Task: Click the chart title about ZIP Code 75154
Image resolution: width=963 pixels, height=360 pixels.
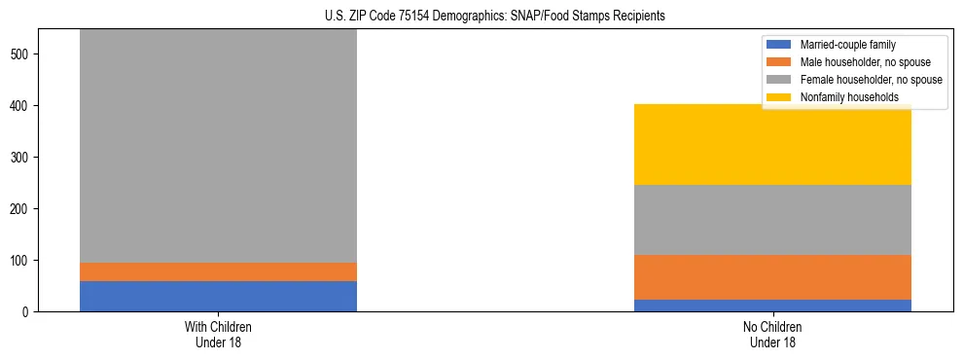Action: pos(481,17)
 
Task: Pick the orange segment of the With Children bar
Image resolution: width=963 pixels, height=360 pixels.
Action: pos(218,271)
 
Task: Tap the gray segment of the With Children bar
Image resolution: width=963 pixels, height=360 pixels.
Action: pos(218,146)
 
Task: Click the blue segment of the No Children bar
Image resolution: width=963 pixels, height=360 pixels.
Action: pos(772,306)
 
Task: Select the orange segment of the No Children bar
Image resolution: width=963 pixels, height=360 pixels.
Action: pos(772,277)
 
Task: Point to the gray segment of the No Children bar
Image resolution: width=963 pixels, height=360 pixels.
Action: pos(772,220)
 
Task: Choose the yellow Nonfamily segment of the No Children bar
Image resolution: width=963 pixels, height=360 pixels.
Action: pos(772,144)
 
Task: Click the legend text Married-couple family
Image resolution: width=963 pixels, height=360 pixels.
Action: pos(847,45)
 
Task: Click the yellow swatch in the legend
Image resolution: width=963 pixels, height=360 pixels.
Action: pos(779,97)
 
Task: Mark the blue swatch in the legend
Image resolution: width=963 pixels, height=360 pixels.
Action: pos(779,45)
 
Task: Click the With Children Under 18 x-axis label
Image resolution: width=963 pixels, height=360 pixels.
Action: pos(218,334)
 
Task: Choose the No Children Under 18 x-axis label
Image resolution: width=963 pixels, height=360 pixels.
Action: pos(772,334)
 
